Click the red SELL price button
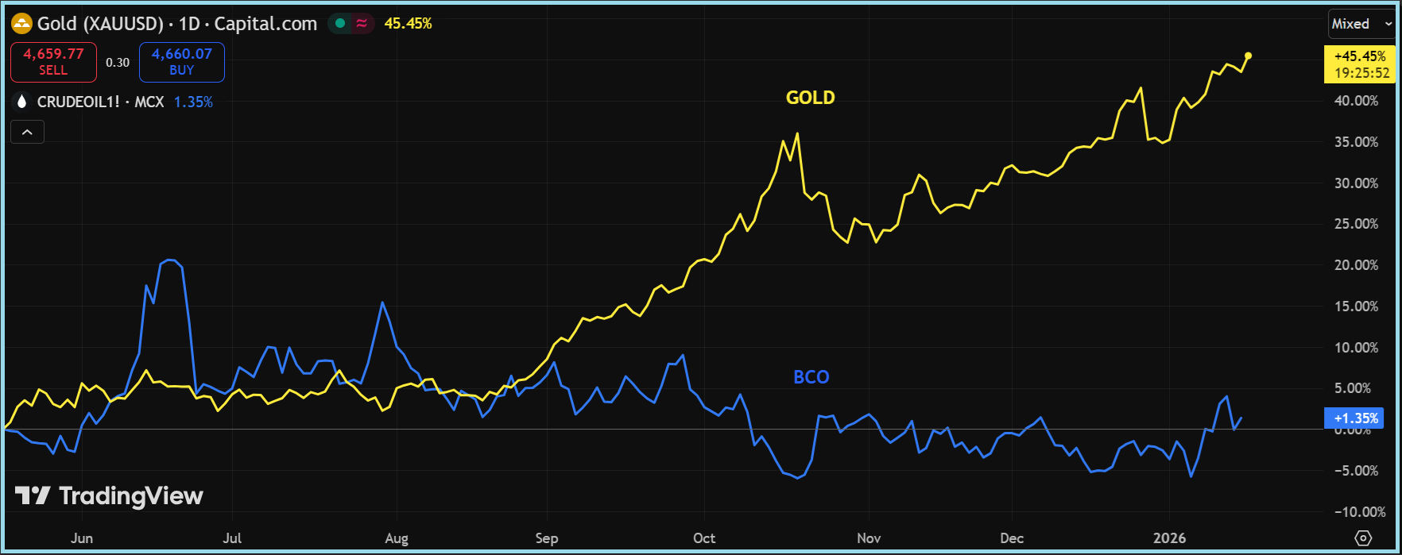point(53,62)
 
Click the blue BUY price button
point(181,62)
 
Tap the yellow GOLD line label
point(810,98)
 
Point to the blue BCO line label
point(811,377)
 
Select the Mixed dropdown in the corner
point(1360,24)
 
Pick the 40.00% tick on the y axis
point(1356,101)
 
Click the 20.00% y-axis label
point(1356,265)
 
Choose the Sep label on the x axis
point(547,538)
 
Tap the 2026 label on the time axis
point(1169,538)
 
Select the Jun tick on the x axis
point(82,538)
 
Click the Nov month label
point(869,538)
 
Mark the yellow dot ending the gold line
point(1248,56)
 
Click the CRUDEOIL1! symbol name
point(78,102)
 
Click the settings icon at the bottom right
point(1363,538)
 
